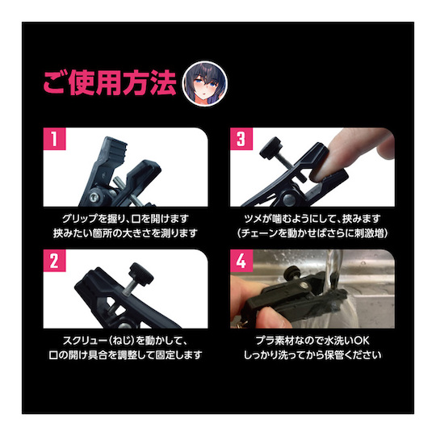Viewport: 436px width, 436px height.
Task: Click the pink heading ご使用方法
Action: coord(110,83)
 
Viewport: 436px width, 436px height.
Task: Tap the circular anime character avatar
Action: coord(204,83)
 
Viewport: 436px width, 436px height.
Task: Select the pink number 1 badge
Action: coord(54,139)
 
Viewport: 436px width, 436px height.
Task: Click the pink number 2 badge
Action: coord(54,261)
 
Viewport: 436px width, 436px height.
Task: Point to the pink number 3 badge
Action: coord(241,139)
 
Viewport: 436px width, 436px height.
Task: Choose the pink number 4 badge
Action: coord(241,261)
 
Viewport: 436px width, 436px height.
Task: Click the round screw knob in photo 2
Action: coord(142,273)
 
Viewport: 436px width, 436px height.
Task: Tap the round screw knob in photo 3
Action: coord(270,146)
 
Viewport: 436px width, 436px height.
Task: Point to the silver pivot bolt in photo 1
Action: coord(94,197)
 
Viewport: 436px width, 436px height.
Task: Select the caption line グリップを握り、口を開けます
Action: coord(125,219)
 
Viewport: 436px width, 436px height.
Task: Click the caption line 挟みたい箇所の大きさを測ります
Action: coord(125,233)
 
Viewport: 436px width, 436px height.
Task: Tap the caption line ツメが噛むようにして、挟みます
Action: coord(312,219)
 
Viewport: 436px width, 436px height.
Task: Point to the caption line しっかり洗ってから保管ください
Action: coord(312,354)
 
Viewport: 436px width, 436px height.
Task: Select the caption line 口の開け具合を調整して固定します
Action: coord(125,354)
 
